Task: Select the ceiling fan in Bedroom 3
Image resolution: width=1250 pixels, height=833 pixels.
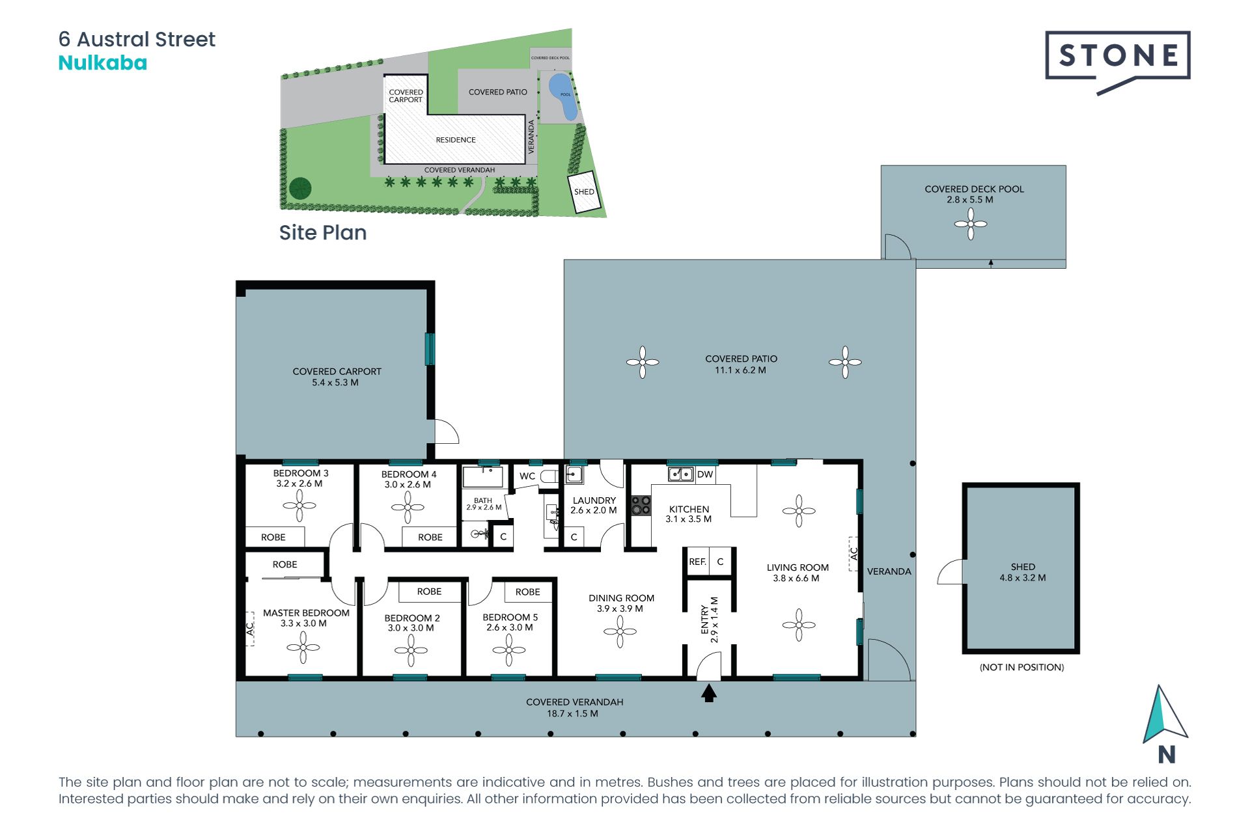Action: click(299, 506)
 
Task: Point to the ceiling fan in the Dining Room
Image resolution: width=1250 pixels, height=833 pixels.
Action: click(620, 631)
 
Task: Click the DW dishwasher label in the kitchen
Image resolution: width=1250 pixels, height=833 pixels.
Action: click(705, 474)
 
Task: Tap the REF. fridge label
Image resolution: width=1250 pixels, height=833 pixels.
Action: click(697, 562)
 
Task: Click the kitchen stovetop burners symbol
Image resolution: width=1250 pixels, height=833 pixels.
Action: click(641, 506)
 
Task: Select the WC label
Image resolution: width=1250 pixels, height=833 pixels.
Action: click(527, 476)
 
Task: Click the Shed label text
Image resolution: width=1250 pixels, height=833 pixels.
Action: click(1023, 567)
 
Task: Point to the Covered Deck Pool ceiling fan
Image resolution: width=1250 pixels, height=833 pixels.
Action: click(971, 224)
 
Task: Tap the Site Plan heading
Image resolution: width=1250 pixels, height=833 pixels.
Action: click(323, 233)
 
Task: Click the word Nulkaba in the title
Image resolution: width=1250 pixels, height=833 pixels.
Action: click(103, 63)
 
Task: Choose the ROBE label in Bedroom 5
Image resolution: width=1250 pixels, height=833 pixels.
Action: click(528, 592)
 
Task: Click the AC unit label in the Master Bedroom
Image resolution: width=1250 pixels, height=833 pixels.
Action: click(249, 629)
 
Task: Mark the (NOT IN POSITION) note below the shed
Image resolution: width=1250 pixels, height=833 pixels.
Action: click(1022, 667)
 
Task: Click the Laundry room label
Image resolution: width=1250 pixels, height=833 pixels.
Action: click(594, 500)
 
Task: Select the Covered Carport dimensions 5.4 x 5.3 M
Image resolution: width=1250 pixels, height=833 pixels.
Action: click(335, 383)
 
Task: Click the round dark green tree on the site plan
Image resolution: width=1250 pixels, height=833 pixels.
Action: click(300, 189)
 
